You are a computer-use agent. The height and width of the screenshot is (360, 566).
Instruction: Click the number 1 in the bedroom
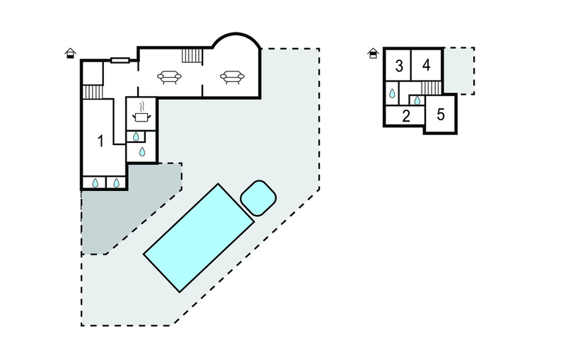point(100,141)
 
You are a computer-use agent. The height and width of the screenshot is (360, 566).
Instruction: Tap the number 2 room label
point(406,116)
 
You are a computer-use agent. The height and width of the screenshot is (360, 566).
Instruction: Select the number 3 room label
point(399,66)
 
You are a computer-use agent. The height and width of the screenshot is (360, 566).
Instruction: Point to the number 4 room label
point(427,65)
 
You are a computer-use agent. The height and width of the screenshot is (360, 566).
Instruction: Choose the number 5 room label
point(440,115)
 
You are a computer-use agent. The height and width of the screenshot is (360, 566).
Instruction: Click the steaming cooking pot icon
point(141,112)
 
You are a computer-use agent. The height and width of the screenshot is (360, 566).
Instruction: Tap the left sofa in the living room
point(169,77)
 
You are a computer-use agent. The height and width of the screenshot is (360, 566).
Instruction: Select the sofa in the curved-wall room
point(232,77)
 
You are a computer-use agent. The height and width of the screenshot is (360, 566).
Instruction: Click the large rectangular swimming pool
point(199,238)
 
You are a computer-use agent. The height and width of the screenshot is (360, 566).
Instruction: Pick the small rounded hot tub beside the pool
point(258,198)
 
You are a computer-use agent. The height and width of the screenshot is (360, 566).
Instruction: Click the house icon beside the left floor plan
point(70,53)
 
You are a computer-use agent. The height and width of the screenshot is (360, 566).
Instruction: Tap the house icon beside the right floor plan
point(373,53)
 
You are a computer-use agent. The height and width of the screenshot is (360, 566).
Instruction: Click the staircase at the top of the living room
point(192,56)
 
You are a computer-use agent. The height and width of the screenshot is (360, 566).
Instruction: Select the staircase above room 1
point(93,92)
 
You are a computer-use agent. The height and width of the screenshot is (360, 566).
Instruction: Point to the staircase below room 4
point(431,88)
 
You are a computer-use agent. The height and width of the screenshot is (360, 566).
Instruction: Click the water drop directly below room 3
point(392,93)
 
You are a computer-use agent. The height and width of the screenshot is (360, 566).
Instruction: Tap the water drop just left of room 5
point(417,100)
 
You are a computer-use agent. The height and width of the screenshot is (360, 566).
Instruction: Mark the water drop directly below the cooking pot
point(136,137)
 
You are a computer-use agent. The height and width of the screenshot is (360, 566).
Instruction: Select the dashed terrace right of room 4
point(459,71)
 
